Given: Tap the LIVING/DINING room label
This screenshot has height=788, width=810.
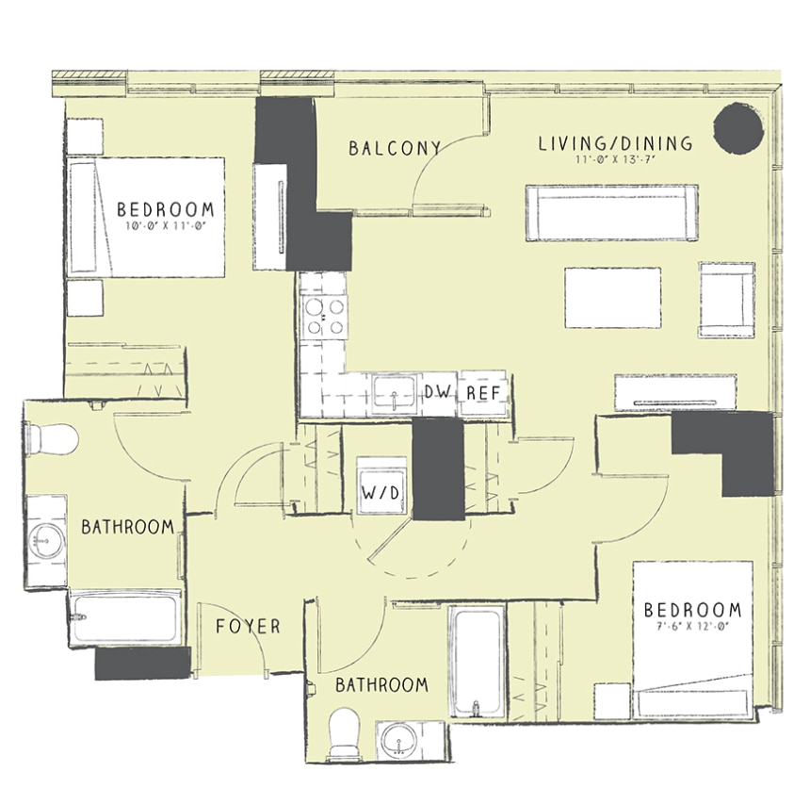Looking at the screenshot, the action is click(x=615, y=143).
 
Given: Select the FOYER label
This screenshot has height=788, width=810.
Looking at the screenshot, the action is click(x=248, y=626).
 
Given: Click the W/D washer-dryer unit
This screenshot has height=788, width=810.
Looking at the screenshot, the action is click(x=381, y=486).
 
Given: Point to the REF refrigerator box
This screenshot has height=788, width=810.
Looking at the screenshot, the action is click(x=483, y=393).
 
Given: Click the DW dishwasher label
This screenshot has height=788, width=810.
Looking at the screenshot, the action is click(x=438, y=392).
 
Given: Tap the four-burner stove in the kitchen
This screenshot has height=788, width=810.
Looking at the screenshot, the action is click(x=324, y=317).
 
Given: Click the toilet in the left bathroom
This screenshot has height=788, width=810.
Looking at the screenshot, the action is click(x=52, y=440).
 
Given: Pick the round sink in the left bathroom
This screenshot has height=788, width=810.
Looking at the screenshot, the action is click(x=46, y=541).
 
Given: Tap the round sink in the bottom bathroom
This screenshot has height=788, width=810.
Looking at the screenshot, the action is click(x=398, y=741).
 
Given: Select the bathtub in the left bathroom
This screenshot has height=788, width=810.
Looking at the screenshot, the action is click(x=125, y=617).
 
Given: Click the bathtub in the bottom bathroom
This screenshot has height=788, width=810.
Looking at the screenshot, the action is click(x=477, y=662).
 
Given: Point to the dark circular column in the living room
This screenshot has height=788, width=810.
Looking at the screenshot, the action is click(x=738, y=128).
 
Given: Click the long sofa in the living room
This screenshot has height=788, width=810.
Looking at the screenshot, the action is click(x=612, y=212).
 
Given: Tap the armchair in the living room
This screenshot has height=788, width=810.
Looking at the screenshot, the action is click(x=727, y=300).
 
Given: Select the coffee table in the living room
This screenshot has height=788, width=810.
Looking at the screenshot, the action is click(x=612, y=297).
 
